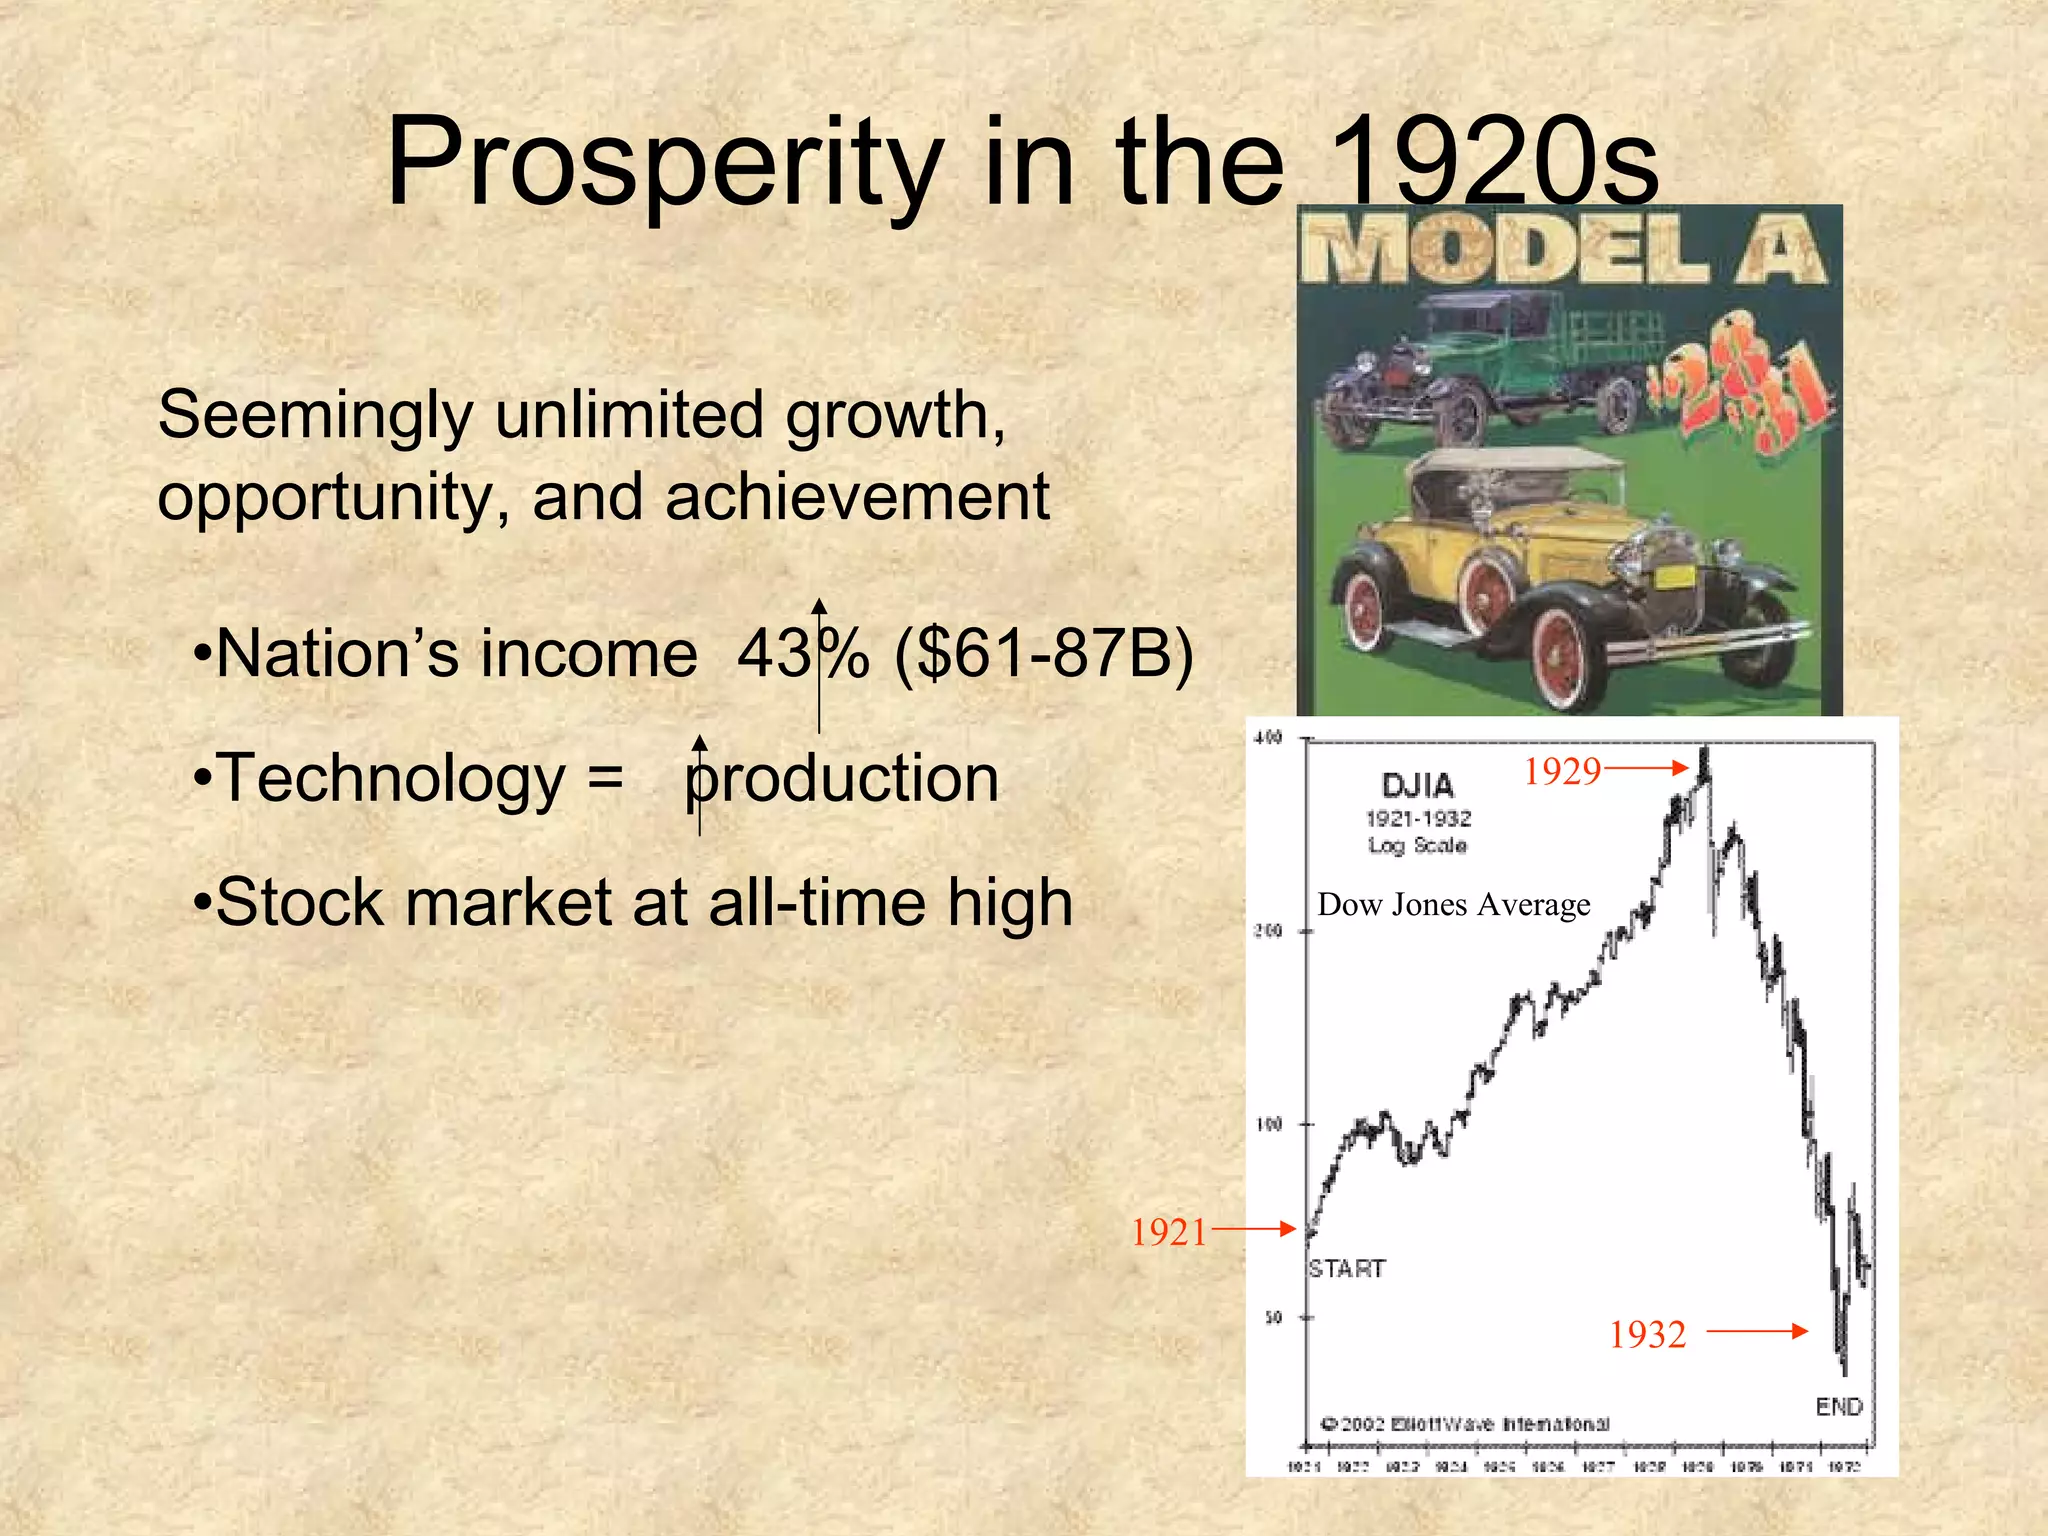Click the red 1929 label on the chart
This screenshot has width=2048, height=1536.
[1562, 771]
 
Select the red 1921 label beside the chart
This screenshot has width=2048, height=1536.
[1169, 1232]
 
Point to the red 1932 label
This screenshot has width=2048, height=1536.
[1647, 1334]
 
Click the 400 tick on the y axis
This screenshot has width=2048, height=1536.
[1267, 738]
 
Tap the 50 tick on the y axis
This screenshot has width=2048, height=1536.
[1273, 1317]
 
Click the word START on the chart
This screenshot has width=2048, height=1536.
[1347, 1269]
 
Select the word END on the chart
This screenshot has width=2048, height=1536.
[1838, 1407]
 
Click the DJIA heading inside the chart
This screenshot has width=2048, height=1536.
[1417, 785]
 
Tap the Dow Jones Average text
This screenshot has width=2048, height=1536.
[1453, 905]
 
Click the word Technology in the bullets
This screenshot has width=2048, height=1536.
[392, 779]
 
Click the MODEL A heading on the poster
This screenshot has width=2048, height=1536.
[1567, 252]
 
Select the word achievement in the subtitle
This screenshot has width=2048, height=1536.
[857, 497]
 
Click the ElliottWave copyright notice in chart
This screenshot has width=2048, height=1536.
[1466, 1423]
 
